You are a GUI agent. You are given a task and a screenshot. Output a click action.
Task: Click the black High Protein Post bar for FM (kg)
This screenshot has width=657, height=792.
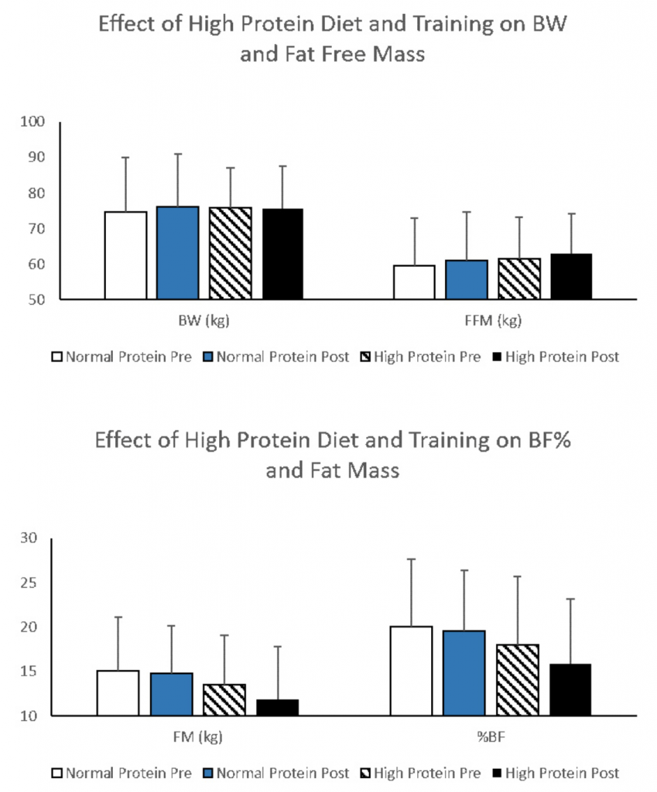coord(277,708)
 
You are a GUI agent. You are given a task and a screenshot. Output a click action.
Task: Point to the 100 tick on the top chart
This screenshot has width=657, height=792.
coord(37,122)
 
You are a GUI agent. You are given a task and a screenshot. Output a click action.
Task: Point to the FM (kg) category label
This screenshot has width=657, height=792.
coord(198,736)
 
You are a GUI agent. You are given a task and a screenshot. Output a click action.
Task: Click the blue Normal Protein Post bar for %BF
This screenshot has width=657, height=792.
coord(464,673)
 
